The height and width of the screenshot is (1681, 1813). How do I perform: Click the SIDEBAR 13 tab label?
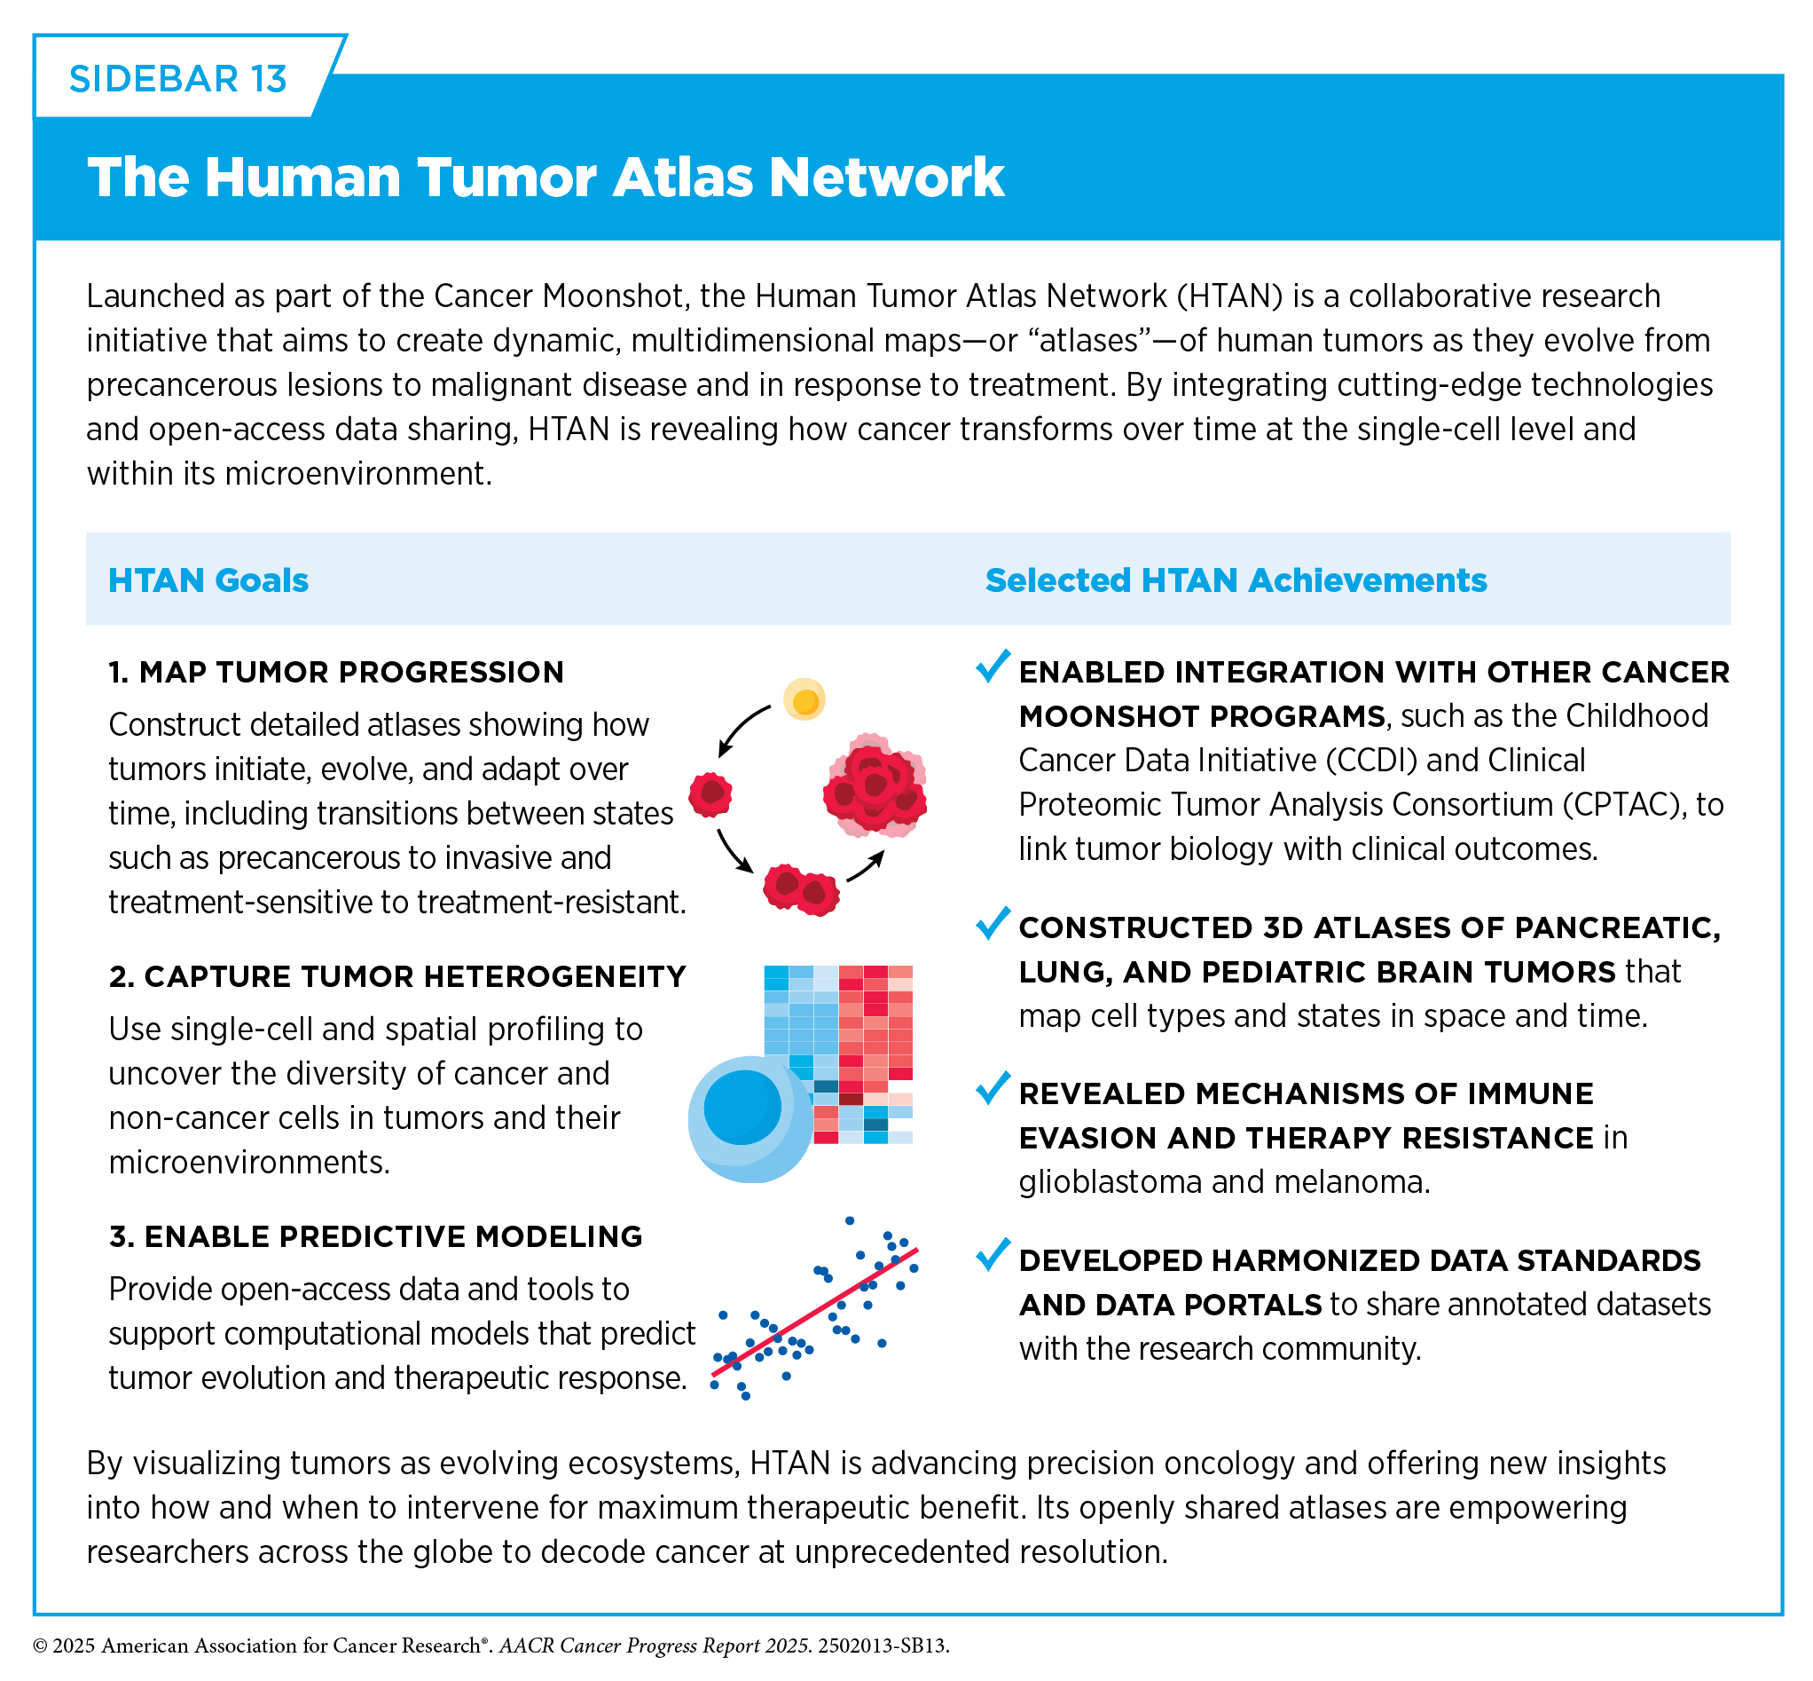pyautogui.click(x=178, y=79)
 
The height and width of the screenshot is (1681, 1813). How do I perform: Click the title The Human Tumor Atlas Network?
pyautogui.click(x=545, y=177)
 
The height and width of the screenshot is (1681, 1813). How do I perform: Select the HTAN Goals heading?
pyautogui.click(x=208, y=580)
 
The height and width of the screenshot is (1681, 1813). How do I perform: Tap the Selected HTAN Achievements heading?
pyautogui.click(x=1236, y=580)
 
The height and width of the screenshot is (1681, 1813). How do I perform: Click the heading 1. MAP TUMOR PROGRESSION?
pyautogui.click(x=336, y=672)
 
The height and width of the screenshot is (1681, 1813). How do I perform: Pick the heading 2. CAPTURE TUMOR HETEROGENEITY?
pyautogui.click(x=397, y=976)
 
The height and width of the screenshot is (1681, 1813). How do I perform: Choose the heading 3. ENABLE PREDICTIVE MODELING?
pyautogui.click(x=375, y=1236)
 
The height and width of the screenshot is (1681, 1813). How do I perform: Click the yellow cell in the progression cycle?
pyautogui.click(x=804, y=699)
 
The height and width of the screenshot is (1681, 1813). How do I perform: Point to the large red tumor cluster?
pyautogui.click(x=875, y=784)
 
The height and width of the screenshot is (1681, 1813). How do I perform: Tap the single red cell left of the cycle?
pyautogui.click(x=710, y=795)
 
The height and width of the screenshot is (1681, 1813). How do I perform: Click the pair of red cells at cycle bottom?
pyautogui.click(x=801, y=889)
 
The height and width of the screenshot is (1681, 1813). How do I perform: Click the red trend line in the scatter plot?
pyautogui.click(x=814, y=1312)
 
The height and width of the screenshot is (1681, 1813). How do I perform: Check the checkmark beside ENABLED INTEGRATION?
pyautogui.click(x=993, y=666)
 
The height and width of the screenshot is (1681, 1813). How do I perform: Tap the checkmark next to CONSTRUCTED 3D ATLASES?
pyautogui.click(x=993, y=922)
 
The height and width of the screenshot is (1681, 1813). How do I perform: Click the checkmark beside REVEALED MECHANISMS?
pyautogui.click(x=993, y=1088)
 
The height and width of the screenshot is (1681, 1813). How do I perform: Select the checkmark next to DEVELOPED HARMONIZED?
pyautogui.click(x=993, y=1254)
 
